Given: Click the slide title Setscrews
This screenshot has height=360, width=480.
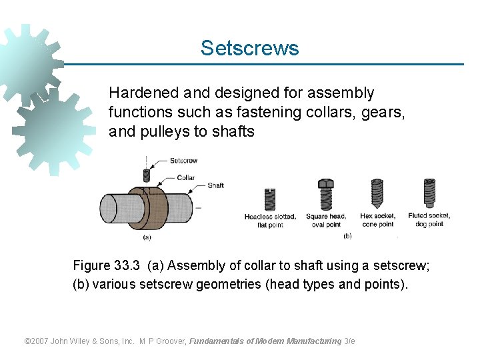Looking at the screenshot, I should [x=249, y=49].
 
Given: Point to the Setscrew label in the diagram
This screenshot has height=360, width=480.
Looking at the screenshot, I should [x=183, y=161].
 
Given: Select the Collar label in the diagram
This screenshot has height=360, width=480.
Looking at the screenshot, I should [x=186, y=177].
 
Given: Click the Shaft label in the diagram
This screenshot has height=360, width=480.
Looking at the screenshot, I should [x=215, y=185].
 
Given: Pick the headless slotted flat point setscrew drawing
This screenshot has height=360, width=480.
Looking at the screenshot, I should [x=270, y=199].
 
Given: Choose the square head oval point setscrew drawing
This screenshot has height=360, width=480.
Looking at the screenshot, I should [x=325, y=194].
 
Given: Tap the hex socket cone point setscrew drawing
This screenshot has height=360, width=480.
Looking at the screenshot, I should [x=377, y=193].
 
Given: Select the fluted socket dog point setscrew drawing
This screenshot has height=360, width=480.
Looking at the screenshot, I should [x=429, y=193].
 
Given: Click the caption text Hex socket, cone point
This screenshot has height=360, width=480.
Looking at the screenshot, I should [x=377, y=220].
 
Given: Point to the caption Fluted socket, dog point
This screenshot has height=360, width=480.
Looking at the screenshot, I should [x=429, y=220].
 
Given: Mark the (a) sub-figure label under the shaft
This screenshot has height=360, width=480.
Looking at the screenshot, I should [x=147, y=236].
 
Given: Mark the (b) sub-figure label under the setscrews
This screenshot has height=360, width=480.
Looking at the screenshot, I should [x=347, y=236].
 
